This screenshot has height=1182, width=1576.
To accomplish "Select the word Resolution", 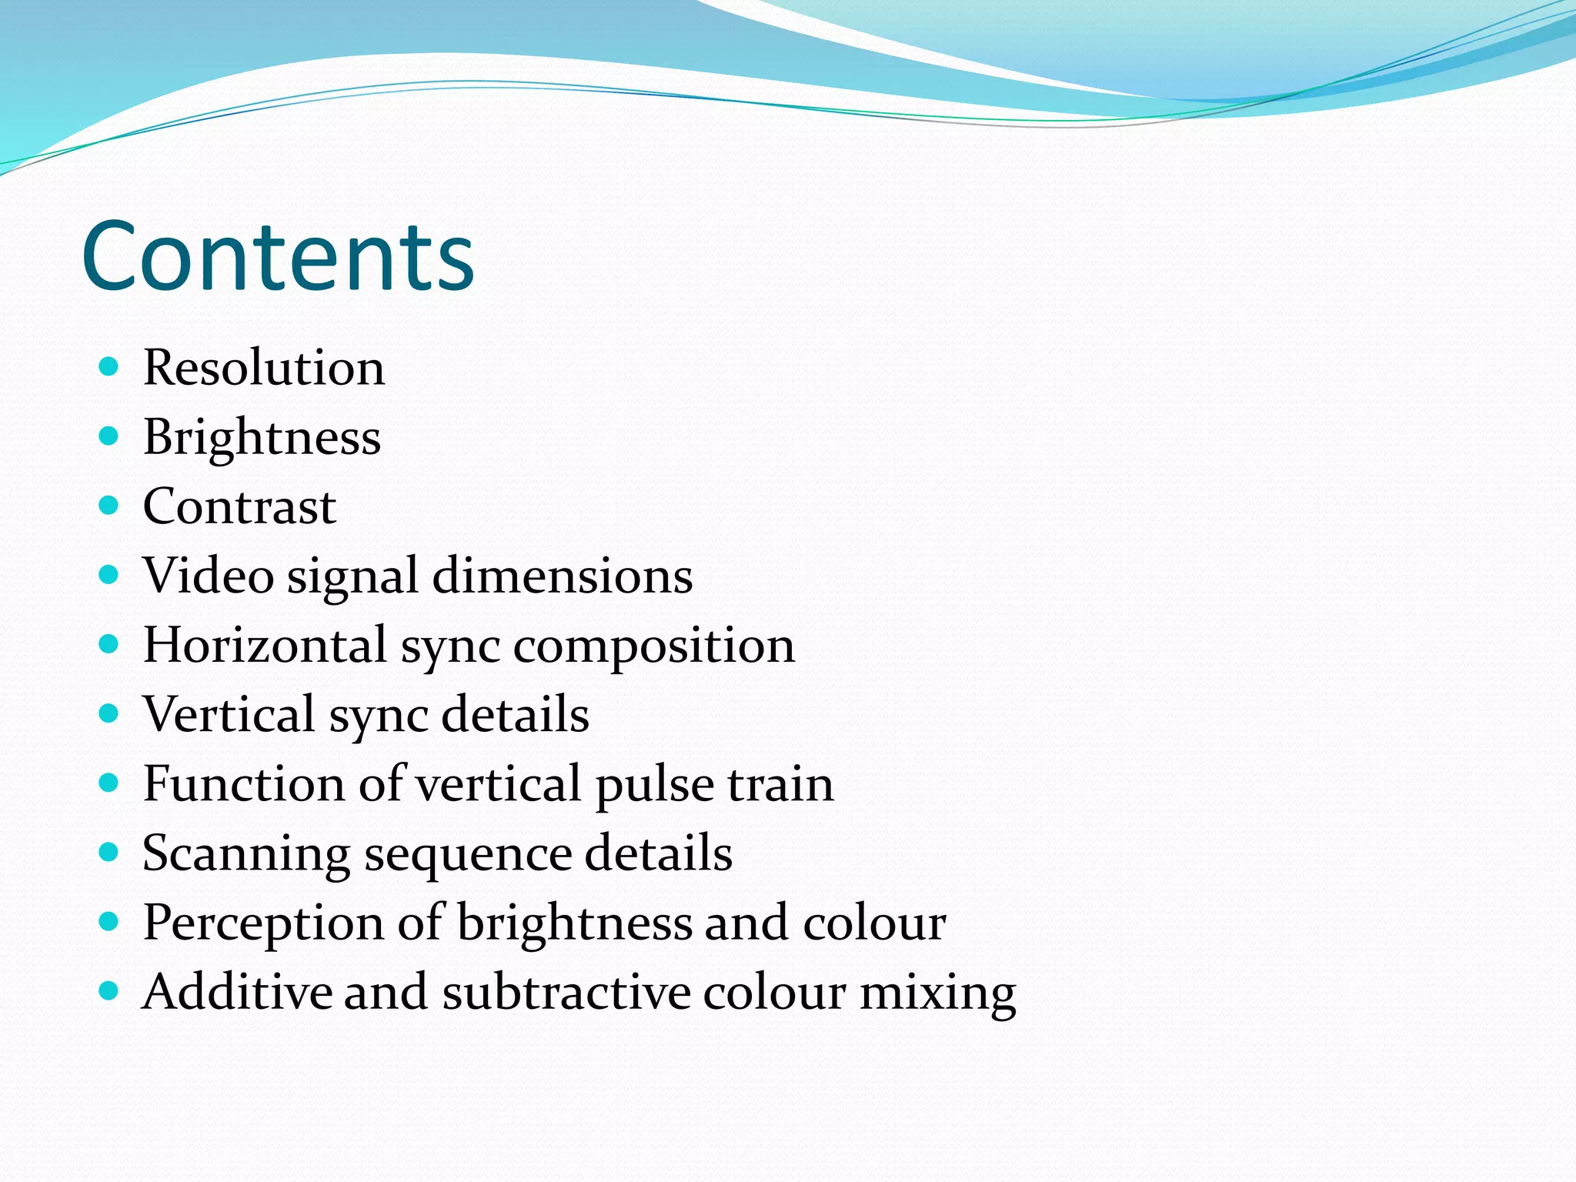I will click(x=264, y=368).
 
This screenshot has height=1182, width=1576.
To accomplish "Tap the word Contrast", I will click(x=239, y=507).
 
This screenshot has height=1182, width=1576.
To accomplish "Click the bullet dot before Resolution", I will click(x=109, y=366).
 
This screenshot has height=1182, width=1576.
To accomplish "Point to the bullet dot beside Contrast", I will click(x=109, y=506).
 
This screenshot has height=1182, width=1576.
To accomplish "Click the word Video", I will click(x=208, y=576).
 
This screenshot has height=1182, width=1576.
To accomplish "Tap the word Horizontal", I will click(x=265, y=645).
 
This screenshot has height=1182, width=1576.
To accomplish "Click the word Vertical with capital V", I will click(x=229, y=714).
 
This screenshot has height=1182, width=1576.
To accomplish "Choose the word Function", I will click(x=244, y=784).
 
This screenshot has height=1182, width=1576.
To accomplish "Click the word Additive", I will click(x=236, y=992).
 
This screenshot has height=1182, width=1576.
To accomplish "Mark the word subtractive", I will click(x=566, y=992).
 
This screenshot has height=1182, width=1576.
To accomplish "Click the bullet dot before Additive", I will click(x=109, y=990).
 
